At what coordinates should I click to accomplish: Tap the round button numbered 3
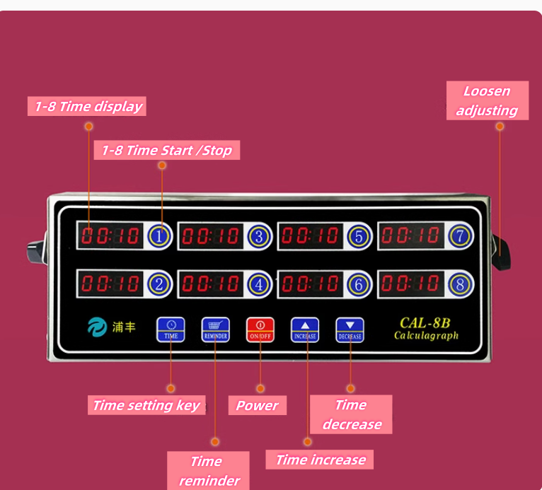[260, 237]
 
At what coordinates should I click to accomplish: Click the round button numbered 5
[359, 237]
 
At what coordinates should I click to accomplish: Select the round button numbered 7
[460, 236]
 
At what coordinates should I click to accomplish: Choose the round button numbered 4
[260, 284]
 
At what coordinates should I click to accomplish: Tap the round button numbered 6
[359, 284]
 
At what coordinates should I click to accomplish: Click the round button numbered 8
[460, 284]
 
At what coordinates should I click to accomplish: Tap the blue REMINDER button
[215, 329]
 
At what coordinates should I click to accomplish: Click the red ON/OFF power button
[260, 329]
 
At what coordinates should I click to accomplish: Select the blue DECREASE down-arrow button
[350, 329]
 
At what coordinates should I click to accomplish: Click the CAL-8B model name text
[425, 322]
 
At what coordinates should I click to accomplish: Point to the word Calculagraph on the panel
[426, 335]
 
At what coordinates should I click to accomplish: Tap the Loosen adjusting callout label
[487, 100]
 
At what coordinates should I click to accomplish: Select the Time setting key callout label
[146, 405]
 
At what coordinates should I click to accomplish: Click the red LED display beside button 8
[410, 284]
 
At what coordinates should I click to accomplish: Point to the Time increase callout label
[320, 460]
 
